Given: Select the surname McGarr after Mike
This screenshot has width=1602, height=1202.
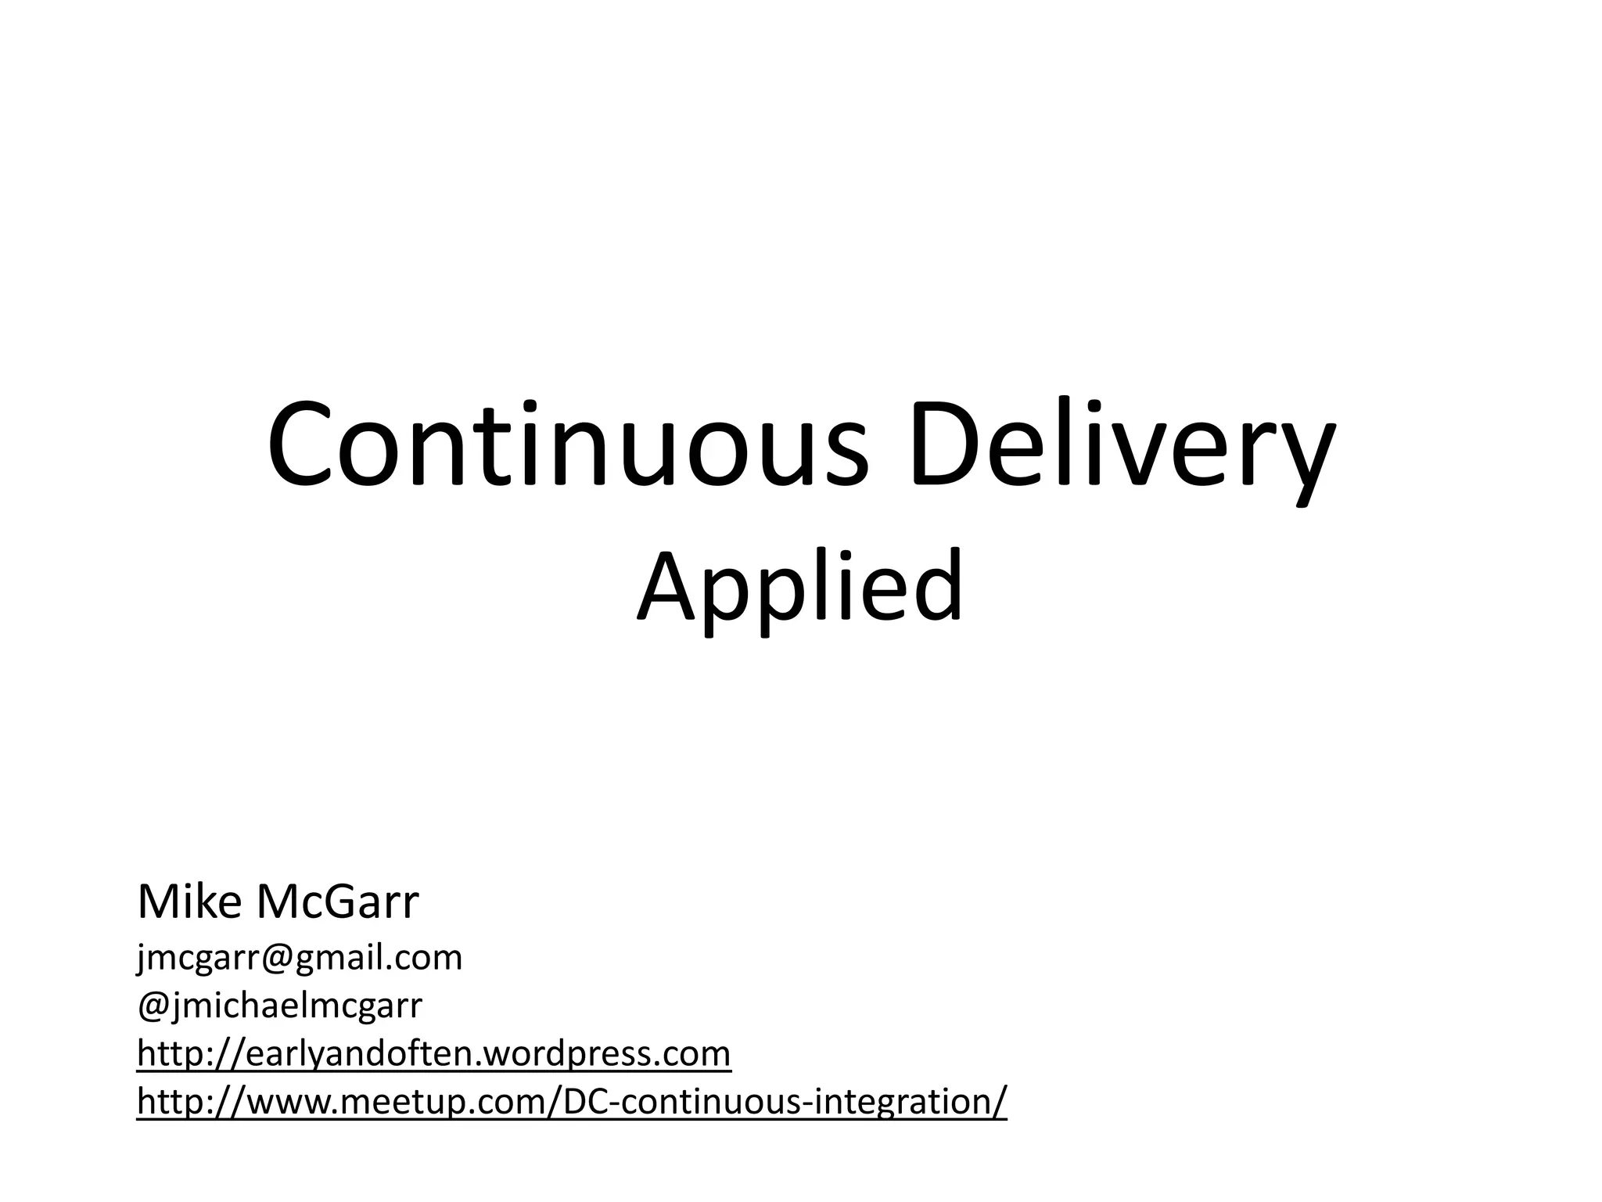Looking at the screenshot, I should (337, 901).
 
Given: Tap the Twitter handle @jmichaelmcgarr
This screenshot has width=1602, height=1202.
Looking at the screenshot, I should (279, 1006).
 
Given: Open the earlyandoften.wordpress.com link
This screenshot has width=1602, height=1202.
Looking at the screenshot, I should (433, 1053).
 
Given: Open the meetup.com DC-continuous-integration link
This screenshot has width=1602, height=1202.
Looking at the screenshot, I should (571, 1101).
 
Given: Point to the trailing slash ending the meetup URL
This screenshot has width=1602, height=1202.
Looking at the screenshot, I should (1000, 1101).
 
